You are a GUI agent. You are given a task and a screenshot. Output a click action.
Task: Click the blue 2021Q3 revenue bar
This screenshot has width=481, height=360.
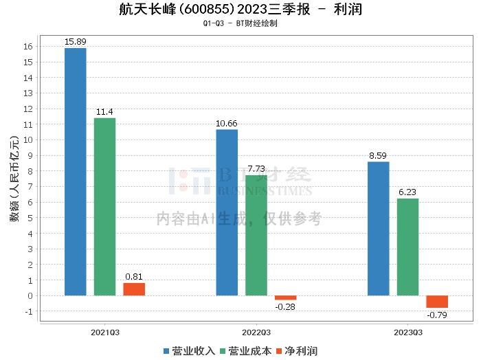(76, 172)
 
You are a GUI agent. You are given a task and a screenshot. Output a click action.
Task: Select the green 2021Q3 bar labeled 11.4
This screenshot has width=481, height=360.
(104, 207)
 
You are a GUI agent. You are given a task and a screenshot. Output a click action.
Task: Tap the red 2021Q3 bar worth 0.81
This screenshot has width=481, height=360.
(134, 289)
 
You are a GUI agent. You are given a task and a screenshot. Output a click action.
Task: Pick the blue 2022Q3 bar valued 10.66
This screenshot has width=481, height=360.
(227, 212)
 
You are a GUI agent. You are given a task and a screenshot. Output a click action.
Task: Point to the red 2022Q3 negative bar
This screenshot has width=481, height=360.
(286, 298)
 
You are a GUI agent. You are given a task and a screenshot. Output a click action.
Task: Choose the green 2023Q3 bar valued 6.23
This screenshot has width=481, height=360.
(407, 247)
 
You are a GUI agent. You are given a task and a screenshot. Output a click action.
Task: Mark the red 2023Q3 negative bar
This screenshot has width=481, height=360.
(437, 302)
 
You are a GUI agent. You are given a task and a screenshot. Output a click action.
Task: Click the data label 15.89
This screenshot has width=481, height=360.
(75, 42)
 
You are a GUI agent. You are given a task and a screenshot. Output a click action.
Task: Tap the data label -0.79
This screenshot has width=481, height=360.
(437, 315)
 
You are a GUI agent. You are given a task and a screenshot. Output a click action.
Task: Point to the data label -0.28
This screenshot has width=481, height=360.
(284, 307)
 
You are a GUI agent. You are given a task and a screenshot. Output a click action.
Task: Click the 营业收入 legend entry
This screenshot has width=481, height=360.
(189, 351)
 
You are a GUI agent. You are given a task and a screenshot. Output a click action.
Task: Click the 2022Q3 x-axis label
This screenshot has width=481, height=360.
(256, 332)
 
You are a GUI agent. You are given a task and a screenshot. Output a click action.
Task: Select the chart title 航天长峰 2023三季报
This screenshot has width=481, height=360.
(240, 10)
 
